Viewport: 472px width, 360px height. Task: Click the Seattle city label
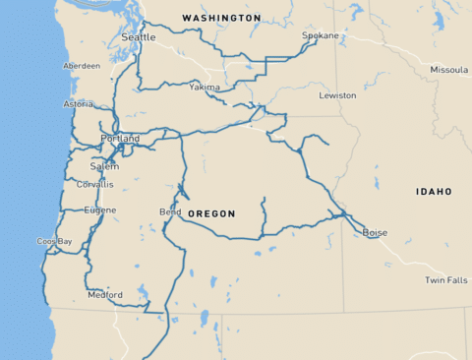(x=138, y=37)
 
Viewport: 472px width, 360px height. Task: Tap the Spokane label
(x=320, y=35)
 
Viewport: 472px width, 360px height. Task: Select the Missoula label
(x=448, y=70)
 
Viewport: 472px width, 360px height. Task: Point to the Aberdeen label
(x=82, y=66)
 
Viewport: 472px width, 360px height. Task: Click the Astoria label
(x=79, y=103)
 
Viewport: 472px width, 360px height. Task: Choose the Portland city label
(x=120, y=139)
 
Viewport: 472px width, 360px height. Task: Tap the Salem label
(x=104, y=166)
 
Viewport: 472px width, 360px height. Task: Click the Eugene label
(x=100, y=210)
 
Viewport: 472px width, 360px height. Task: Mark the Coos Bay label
(x=54, y=241)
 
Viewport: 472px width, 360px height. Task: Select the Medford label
(x=105, y=294)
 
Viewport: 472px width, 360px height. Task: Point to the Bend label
(x=169, y=211)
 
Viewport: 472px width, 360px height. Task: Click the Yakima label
(x=205, y=87)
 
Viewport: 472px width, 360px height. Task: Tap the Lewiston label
(x=337, y=95)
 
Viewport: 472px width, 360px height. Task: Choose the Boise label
(x=375, y=232)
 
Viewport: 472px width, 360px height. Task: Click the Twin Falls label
(x=445, y=280)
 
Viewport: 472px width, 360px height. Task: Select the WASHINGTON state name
(x=221, y=18)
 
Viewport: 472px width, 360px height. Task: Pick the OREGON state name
(x=211, y=213)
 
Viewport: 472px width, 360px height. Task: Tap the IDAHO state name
(x=434, y=191)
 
